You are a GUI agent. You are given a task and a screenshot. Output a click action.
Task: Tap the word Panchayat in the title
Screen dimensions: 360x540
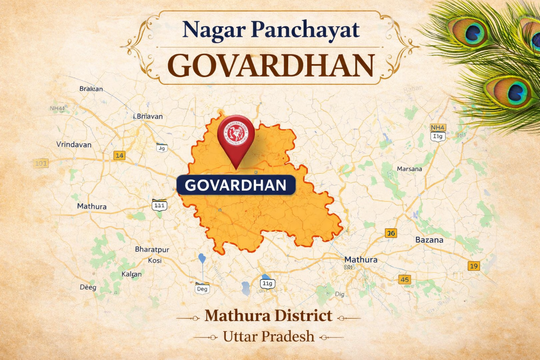(x=305, y=30)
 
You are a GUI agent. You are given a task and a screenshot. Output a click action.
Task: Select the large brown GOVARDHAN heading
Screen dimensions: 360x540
(x=270, y=66)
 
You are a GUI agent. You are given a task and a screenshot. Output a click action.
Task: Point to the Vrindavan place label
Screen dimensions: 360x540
(x=74, y=144)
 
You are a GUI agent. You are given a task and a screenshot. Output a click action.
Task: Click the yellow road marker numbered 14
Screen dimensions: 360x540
(x=120, y=155)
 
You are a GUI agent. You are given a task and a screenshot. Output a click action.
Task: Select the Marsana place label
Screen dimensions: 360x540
(x=409, y=169)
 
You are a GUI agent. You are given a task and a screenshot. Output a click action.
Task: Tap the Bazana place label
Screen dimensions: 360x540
(x=429, y=240)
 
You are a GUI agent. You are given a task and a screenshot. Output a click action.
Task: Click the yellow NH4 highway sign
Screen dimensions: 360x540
(x=438, y=127)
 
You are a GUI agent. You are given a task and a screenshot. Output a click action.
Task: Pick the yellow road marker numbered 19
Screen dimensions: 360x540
(x=474, y=266)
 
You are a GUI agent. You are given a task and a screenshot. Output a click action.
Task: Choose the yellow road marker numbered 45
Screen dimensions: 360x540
(x=405, y=279)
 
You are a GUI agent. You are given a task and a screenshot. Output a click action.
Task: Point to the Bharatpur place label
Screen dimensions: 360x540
(x=152, y=250)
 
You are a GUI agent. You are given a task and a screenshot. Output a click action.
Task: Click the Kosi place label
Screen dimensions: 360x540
(x=155, y=261)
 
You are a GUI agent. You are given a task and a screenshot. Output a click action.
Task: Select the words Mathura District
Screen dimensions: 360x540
(x=268, y=316)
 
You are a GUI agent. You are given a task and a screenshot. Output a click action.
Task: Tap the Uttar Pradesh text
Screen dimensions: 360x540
(x=269, y=336)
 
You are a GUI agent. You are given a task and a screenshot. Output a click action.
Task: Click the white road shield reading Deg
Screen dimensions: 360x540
(x=202, y=289)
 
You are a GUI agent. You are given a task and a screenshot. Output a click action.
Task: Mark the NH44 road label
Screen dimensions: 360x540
(x=57, y=108)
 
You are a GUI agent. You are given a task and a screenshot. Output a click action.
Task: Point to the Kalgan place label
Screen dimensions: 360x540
(x=131, y=274)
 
